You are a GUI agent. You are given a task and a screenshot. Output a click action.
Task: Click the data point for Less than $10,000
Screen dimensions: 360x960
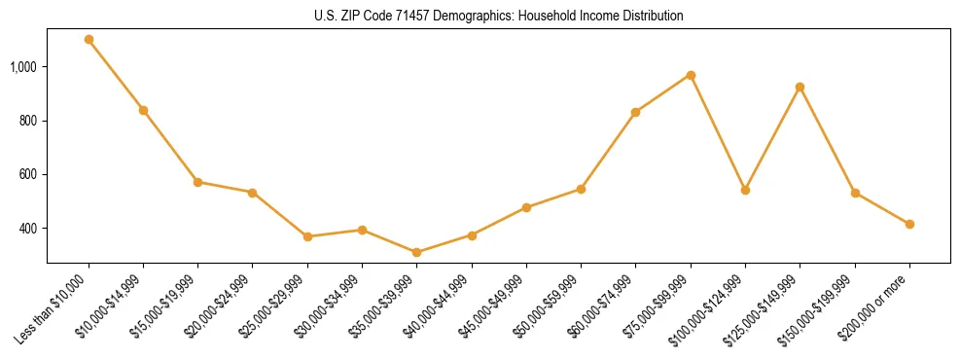click(x=89, y=40)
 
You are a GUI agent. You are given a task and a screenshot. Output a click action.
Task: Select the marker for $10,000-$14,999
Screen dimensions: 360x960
click(x=143, y=110)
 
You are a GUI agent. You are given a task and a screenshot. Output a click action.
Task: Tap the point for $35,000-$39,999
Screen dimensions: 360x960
click(x=416, y=252)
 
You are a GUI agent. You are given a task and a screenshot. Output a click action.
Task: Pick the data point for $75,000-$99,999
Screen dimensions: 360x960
click(x=691, y=75)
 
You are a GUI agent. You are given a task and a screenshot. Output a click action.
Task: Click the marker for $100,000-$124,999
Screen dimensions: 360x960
click(x=745, y=190)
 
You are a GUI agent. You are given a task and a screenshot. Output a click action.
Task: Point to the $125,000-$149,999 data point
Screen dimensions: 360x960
click(x=800, y=88)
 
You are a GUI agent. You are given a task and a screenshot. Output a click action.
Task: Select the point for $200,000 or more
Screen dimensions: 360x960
click(x=909, y=224)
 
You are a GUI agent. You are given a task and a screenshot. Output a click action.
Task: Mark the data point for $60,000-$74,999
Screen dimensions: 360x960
click(x=635, y=112)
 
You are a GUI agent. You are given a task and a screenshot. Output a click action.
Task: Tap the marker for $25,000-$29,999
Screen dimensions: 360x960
click(x=307, y=236)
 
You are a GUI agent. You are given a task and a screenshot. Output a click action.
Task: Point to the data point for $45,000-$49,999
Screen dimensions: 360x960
click(x=526, y=207)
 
